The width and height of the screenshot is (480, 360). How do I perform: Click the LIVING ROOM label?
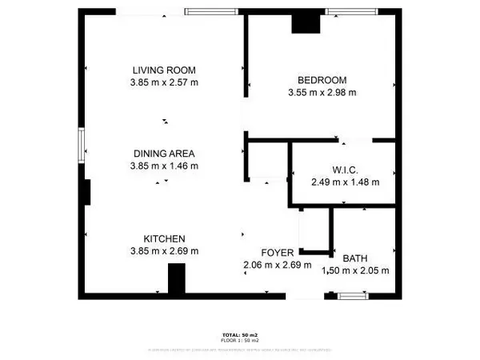click(x=164, y=70)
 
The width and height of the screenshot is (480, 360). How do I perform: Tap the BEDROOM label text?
click(x=322, y=80)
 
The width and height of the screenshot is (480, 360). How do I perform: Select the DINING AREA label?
click(x=164, y=154)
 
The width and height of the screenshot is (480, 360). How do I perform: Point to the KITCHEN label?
click(x=164, y=239)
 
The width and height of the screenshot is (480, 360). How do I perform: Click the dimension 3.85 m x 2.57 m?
click(x=164, y=82)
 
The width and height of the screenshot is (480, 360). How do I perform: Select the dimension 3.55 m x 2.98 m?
click(x=322, y=92)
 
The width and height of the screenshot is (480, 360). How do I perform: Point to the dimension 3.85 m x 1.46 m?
click(x=164, y=166)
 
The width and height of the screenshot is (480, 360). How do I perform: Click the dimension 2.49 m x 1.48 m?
click(x=345, y=182)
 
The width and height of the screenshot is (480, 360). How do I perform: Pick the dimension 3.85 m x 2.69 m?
click(x=164, y=251)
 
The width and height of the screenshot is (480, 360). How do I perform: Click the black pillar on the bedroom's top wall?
click(x=305, y=24)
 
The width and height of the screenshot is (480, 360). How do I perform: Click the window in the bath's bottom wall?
click(x=352, y=296)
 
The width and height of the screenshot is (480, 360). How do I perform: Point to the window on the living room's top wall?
click(x=210, y=11)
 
